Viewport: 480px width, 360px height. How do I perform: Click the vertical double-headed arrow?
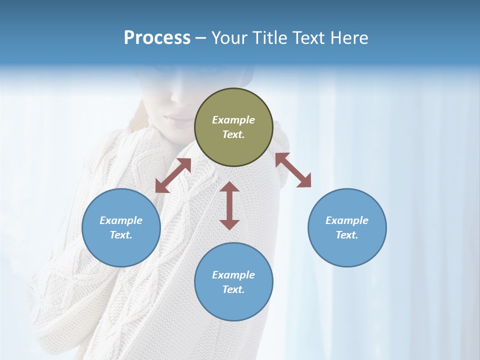(229, 205)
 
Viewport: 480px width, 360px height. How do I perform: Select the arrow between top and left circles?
(173, 175)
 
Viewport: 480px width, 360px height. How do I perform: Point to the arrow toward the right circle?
(293, 170)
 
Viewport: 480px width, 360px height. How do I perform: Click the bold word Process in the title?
(157, 38)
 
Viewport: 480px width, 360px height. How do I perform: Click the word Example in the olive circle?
(233, 120)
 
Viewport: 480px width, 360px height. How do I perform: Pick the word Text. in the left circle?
(121, 235)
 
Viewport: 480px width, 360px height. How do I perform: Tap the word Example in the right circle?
(347, 220)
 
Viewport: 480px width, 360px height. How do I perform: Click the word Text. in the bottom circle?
(233, 289)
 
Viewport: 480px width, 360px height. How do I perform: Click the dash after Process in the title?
(201, 38)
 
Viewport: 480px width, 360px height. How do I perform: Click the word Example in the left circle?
(121, 220)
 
